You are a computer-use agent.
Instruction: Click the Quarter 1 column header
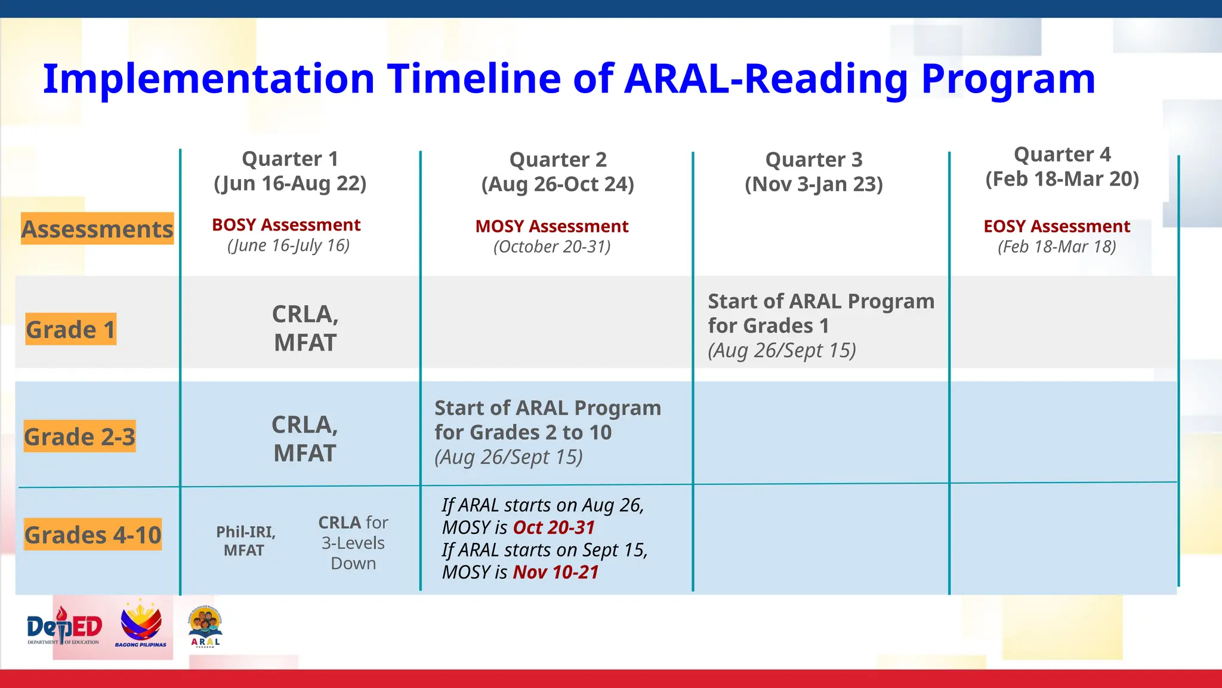tap(290, 171)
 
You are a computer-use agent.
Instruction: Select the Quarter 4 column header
tap(1062, 167)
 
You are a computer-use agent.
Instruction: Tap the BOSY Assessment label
tap(286, 225)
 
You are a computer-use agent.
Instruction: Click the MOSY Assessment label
tap(552, 226)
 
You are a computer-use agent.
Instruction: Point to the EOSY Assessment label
tap(1057, 226)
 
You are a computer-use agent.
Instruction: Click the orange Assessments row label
tap(97, 229)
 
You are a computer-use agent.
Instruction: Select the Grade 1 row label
tap(70, 329)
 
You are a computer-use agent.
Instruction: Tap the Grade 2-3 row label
tap(79, 437)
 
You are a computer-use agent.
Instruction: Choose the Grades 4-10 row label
tap(92, 535)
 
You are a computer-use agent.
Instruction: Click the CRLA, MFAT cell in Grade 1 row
tap(305, 328)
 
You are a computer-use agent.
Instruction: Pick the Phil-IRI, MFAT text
tap(245, 541)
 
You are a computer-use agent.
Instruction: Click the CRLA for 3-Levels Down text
tap(353, 543)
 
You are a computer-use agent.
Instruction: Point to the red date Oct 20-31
tap(554, 527)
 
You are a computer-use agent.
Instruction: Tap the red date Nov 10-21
tap(556, 572)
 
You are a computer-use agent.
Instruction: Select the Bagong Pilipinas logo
tap(141, 625)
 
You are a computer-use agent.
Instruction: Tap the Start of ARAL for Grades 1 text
tap(820, 314)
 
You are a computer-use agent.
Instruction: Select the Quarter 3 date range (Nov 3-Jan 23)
tap(813, 184)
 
